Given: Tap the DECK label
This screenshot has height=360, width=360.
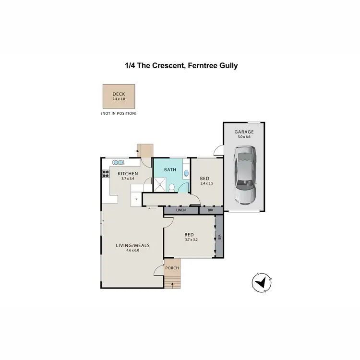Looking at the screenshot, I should (118, 94).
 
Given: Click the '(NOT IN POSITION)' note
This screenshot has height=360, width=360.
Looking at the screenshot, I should (119, 113).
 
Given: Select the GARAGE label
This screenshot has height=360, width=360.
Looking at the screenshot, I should (244, 132).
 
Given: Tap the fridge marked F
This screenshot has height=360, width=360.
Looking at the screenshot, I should (136, 199).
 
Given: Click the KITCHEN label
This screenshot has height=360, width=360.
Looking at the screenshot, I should (128, 173).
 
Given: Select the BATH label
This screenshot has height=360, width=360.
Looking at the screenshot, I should (170, 169).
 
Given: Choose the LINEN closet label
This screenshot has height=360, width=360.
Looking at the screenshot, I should (180, 210).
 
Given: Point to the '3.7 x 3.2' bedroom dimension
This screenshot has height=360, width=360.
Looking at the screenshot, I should (191, 240).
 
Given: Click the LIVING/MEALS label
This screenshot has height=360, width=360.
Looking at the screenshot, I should (133, 245).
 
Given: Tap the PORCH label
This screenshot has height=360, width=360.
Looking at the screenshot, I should (172, 268).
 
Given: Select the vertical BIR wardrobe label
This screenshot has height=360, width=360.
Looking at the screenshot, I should (219, 237).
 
